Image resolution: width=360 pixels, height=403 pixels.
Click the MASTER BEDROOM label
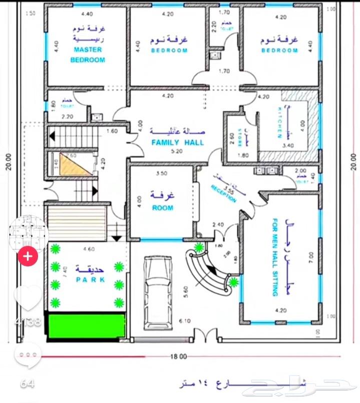coord(88,55)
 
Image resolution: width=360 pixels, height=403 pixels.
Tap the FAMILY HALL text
coord(178,143)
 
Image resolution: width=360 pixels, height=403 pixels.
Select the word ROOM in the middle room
coord(163,207)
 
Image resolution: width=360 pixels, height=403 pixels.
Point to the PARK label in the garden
coord(91,280)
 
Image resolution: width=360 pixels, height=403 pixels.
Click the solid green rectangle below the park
coord(85,326)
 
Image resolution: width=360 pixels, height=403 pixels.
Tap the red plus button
coord(28,257)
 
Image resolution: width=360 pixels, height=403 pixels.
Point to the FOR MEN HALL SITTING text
coord(275,257)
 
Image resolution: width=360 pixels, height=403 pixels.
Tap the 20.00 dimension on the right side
coord(354,161)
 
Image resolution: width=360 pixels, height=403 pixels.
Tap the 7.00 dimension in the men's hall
coord(311,257)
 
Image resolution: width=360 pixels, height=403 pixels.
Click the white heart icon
coord(28,297)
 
